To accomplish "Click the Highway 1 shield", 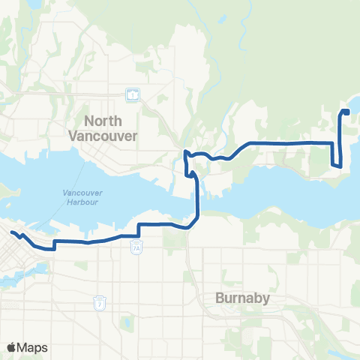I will pyautogui.click(x=132, y=95).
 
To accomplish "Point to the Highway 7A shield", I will pyautogui.click(x=136, y=248).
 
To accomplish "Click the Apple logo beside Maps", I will pyautogui.click(x=12, y=347).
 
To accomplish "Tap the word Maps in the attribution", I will pyautogui.click(x=33, y=347).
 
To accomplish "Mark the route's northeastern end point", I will pyautogui.click(x=346, y=112).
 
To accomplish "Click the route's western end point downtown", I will pyautogui.click(x=13, y=233).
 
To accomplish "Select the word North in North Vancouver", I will pyautogui.click(x=103, y=120).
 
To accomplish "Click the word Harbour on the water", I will pyautogui.click(x=77, y=201).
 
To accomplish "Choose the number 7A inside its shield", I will pyautogui.click(x=136, y=249).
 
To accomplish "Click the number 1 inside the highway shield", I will pyautogui.click(x=132, y=95).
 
